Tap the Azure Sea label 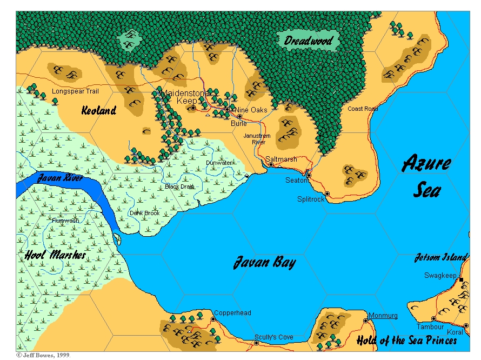[427, 176]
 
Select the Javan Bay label [264, 263]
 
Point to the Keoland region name [99, 111]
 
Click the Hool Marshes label [56, 255]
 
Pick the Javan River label [60, 178]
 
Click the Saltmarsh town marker [271, 164]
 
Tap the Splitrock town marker [327, 194]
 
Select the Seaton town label [296, 181]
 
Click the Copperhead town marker [213, 319]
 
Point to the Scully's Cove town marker [256, 343]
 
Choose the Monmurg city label [383, 316]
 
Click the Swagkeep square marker [461, 279]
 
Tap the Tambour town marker [433, 318]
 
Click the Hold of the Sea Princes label [406, 341]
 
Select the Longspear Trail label [75, 92]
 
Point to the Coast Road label [363, 109]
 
